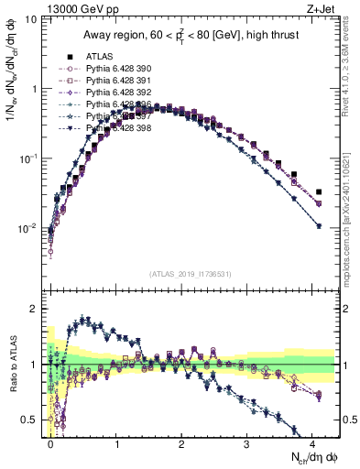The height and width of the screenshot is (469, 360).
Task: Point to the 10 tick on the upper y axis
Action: [x=32, y=19]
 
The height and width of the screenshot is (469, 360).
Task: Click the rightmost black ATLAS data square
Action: [x=319, y=192]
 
